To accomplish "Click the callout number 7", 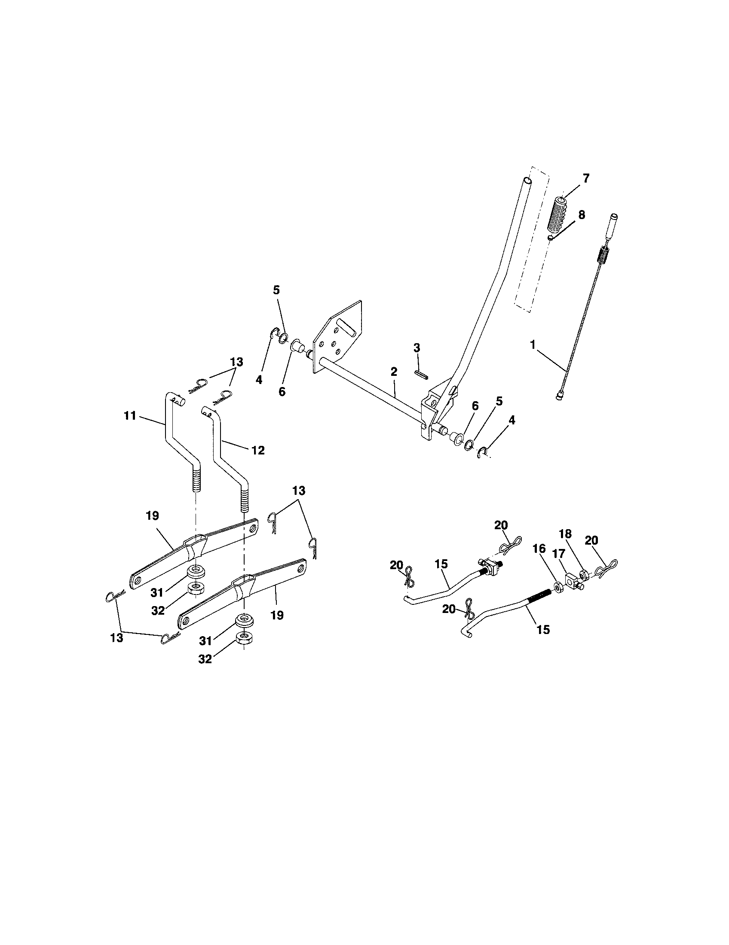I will coord(586,178).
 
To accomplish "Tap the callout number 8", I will coord(581,215).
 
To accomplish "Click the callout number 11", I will coord(129,416).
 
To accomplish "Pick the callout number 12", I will coord(258,450).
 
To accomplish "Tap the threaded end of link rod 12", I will coord(245,497).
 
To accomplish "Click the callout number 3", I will coord(417,348).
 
